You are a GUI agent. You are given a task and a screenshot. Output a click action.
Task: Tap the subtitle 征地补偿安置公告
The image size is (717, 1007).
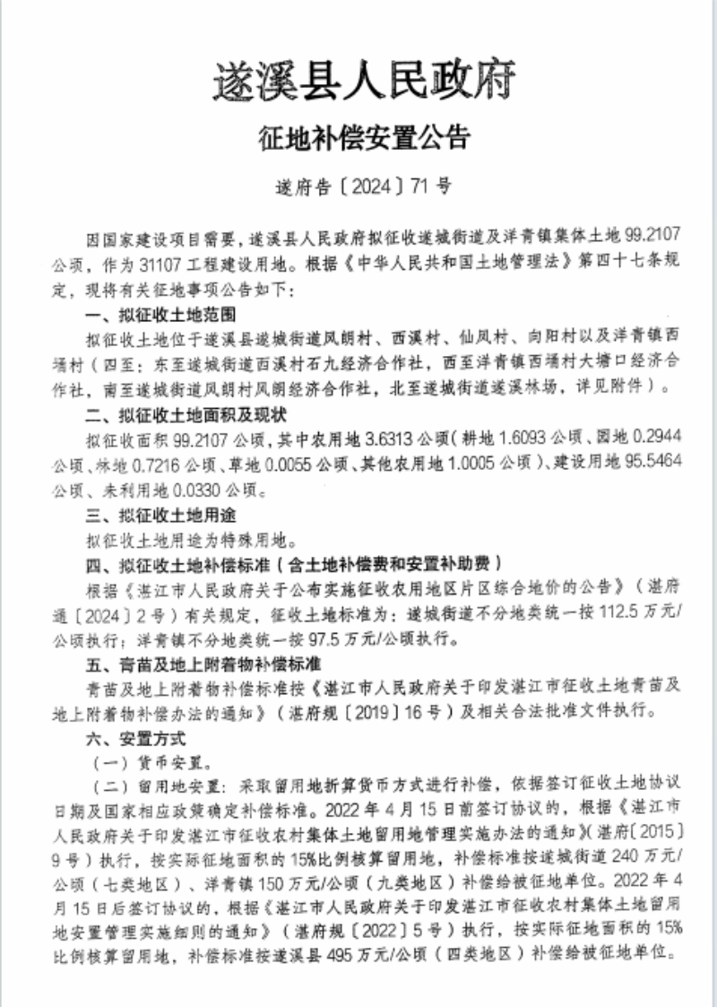[363, 139]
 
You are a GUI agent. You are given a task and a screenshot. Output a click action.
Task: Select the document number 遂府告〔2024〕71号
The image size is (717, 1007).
[363, 187]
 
